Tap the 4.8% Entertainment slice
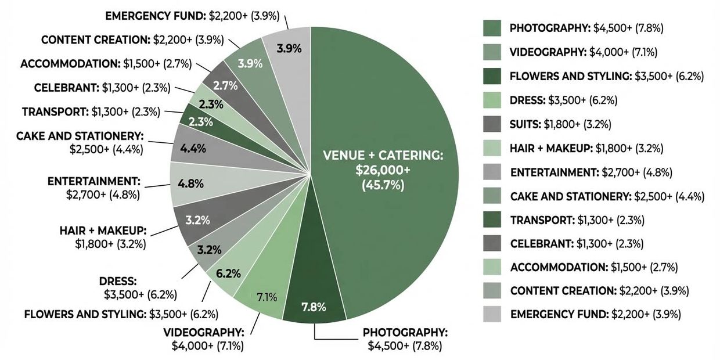(192, 183)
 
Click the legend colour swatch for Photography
(492, 28)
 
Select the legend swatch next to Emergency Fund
(492, 314)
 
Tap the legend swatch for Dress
(492, 100)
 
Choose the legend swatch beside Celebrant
(492, 243)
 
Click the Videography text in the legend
(583, 52)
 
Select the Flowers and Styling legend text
(607, 76)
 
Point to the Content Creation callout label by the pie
(133, 39)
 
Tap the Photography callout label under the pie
(405, 339)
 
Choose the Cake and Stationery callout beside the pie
(79, 142)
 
